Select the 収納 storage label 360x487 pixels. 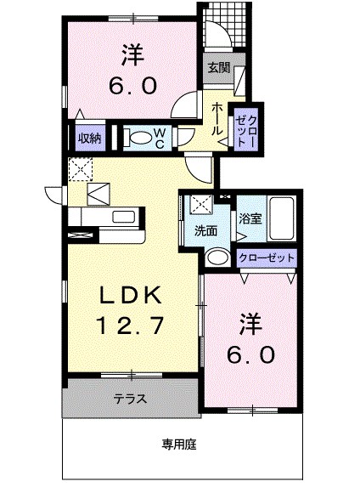click(x=88, y=136)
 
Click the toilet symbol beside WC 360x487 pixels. click(x=135, y=137)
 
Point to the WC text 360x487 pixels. click(x=159, y=137)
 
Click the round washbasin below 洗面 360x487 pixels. click(x=218, y=258)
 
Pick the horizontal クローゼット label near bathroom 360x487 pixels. click(x=267, y=258)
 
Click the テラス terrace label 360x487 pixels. click(x=129, y=397)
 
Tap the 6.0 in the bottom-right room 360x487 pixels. click(x=250, y=354)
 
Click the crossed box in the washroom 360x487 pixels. click(x=200, y=205)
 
